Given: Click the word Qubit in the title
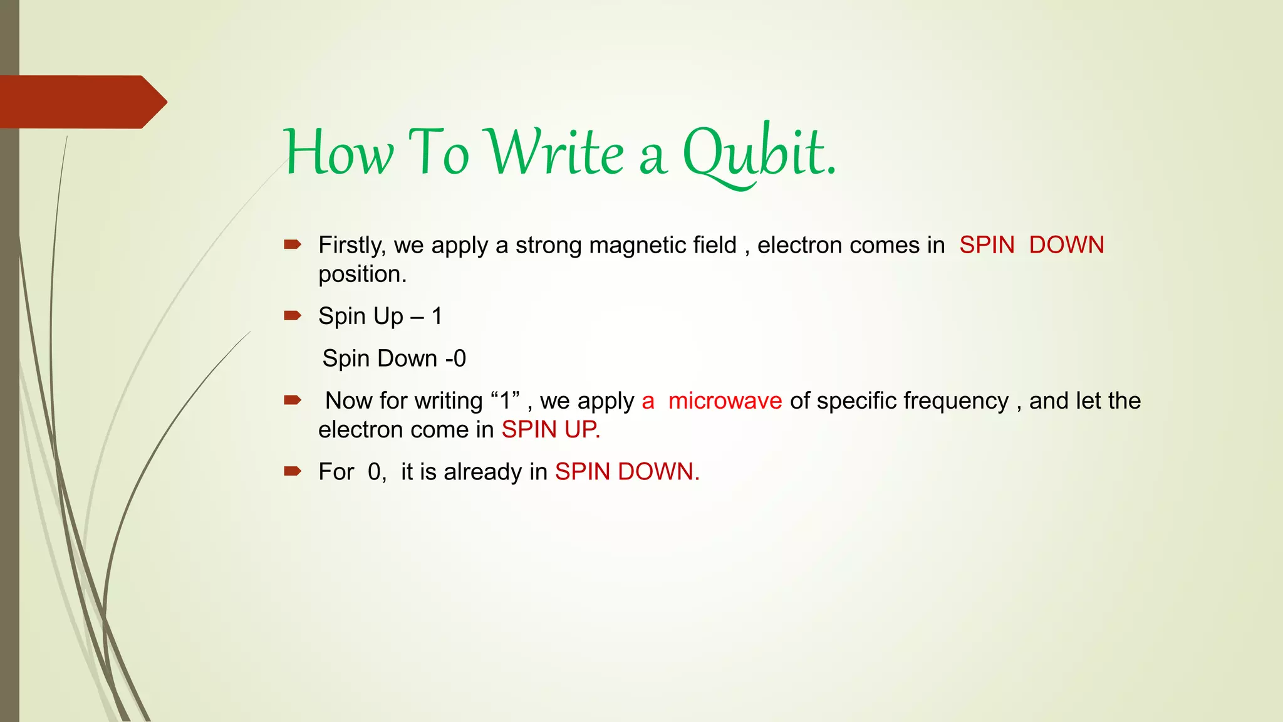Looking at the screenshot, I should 758,154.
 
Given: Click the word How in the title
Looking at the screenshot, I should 339,154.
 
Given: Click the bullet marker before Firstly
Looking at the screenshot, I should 293,244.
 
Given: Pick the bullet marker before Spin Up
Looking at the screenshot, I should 293,315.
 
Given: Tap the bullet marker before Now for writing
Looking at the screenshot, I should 293,400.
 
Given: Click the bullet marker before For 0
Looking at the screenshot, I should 293,471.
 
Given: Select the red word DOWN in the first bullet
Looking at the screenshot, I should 1066,245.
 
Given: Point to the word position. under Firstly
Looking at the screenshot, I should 362,275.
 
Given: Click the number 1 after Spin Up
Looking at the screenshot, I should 437,316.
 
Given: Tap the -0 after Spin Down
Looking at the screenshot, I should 455,358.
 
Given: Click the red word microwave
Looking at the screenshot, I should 725,400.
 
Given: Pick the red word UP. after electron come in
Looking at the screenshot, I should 582,429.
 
